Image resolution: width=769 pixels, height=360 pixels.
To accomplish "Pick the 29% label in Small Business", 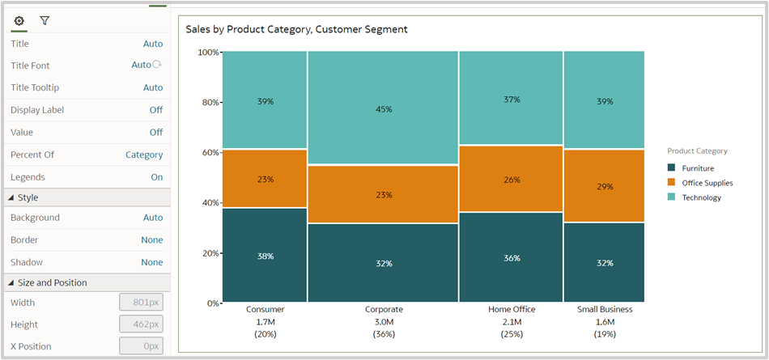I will point(604,187).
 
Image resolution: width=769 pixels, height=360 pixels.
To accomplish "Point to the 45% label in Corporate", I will point(384,109).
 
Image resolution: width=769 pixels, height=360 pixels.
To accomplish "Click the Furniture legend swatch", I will point(671,168).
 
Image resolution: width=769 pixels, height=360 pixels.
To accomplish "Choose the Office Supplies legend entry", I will point(707,183).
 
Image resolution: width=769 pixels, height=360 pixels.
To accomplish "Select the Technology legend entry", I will point(701,197).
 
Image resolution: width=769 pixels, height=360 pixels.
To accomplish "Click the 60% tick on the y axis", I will point(209,152).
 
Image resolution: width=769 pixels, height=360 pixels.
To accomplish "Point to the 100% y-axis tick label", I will point(207,53).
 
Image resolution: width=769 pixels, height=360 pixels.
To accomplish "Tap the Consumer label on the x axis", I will point(265,309).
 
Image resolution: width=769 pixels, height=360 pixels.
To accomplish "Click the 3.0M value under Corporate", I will point(384,322).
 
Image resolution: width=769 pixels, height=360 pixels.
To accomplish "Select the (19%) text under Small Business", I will point(604,334).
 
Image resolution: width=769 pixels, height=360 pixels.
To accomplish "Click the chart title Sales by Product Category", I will point(296,29).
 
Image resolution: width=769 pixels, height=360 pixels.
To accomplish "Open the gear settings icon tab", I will point(19,20).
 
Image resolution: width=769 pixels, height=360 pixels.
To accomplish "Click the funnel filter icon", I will point(45,20).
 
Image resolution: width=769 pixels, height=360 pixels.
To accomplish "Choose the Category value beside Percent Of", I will point(144,155).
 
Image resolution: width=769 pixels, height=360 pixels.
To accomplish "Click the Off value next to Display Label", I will point(155,110).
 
